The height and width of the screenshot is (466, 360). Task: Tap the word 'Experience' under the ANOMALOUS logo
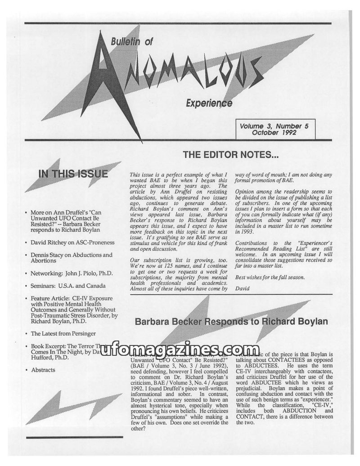(209, 103)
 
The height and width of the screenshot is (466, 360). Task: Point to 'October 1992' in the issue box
(277, 133)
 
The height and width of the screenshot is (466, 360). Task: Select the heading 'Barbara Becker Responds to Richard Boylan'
(231, 322)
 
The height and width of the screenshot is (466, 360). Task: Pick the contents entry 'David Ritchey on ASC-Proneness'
(72, 242)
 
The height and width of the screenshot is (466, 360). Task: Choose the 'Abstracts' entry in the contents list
(43, 370)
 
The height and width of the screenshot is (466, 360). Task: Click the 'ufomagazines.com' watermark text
(180, 350)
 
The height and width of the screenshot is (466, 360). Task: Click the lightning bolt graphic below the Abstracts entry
(72, 407)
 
